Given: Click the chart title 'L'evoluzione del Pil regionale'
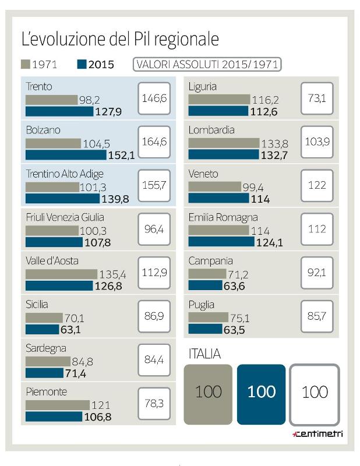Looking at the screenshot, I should point(120,39).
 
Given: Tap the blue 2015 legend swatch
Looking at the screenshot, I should point(81,64).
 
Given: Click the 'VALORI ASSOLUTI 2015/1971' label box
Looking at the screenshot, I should point(207,64).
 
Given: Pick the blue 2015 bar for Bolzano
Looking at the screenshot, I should point(66,155).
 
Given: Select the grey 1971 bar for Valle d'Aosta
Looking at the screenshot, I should point(61,274).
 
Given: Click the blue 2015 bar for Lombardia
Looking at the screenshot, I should point(223,154).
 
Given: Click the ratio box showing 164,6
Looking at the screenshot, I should point(154,142).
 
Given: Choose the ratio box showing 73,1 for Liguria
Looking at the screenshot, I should point(317,98).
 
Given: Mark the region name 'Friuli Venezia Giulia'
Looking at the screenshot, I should point(65,217).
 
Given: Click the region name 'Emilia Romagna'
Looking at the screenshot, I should point(223,217).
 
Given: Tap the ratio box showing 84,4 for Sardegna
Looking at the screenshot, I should point(154,359).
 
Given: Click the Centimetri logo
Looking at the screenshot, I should point(317,433).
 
